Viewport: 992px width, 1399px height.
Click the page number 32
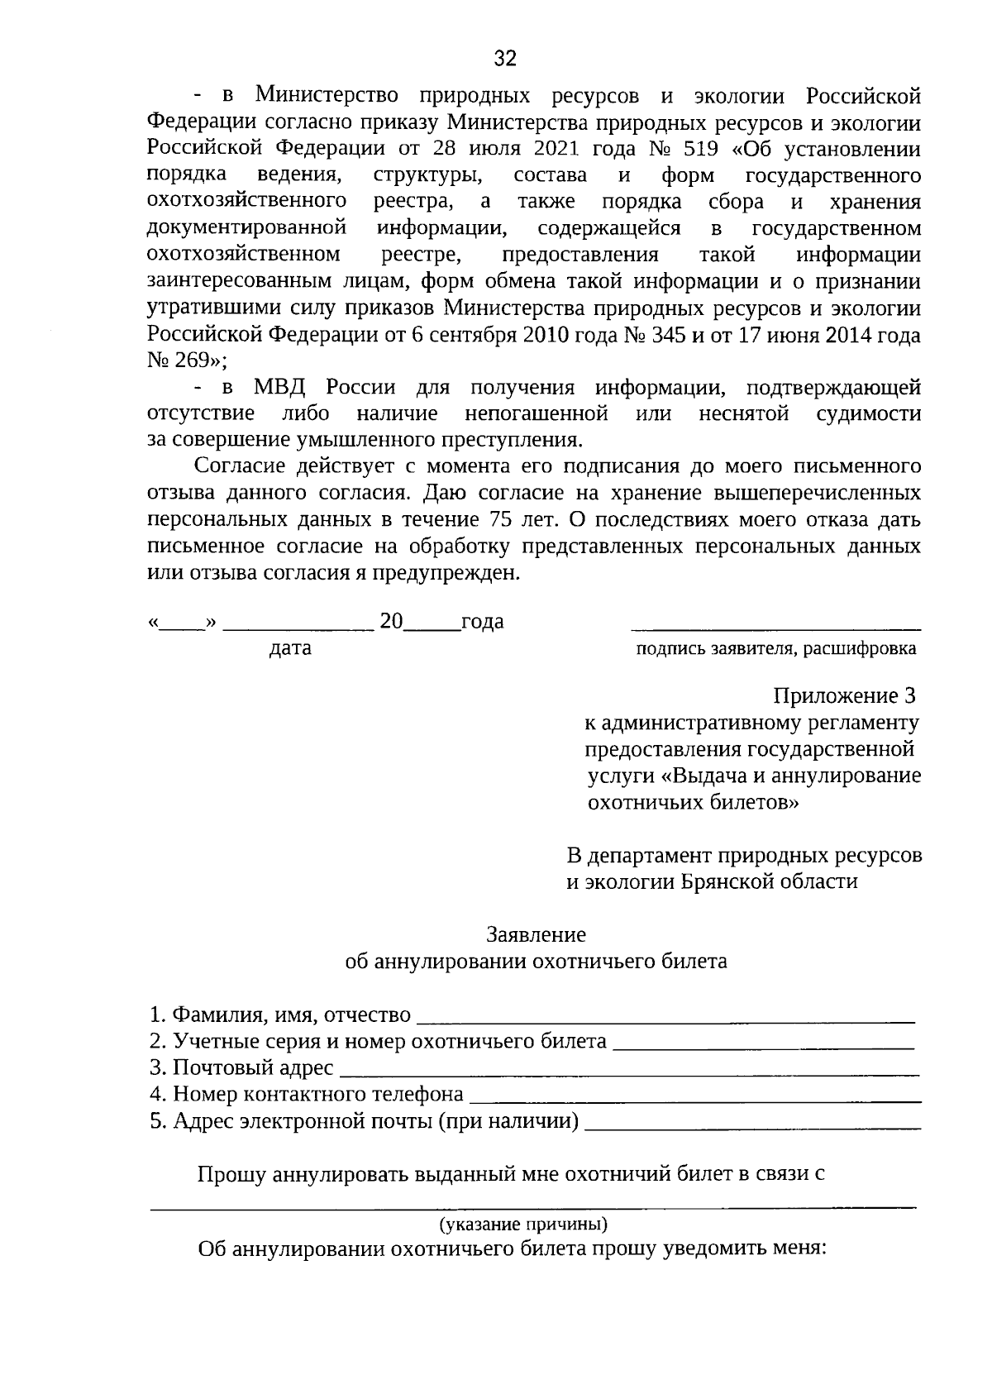pos(505,58)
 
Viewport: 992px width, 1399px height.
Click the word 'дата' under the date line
pos(290,648)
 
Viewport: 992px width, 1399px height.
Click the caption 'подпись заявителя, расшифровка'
pos(775,648)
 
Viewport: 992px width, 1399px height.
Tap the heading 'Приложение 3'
pos(845,696)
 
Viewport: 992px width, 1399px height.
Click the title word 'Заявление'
pos(536,934)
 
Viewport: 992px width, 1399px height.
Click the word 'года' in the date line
pos(482,622)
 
